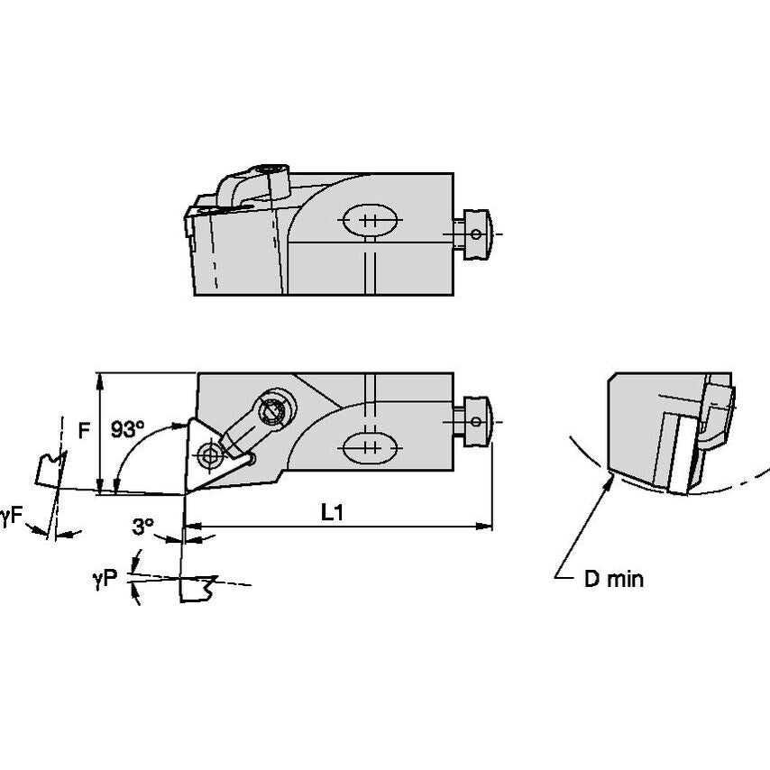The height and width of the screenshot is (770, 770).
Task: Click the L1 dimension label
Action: (333, 512)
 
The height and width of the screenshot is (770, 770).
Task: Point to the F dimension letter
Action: (84, 430)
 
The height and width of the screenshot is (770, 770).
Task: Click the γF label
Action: (12, 516)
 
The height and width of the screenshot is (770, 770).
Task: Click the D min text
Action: (613, 579)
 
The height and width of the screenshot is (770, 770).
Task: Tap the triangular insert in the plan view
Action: (208, 454)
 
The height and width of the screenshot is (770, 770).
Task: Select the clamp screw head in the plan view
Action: (272, 411)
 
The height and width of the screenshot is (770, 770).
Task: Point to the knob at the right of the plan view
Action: (475, 419)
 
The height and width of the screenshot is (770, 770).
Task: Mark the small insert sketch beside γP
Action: (198, 589)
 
